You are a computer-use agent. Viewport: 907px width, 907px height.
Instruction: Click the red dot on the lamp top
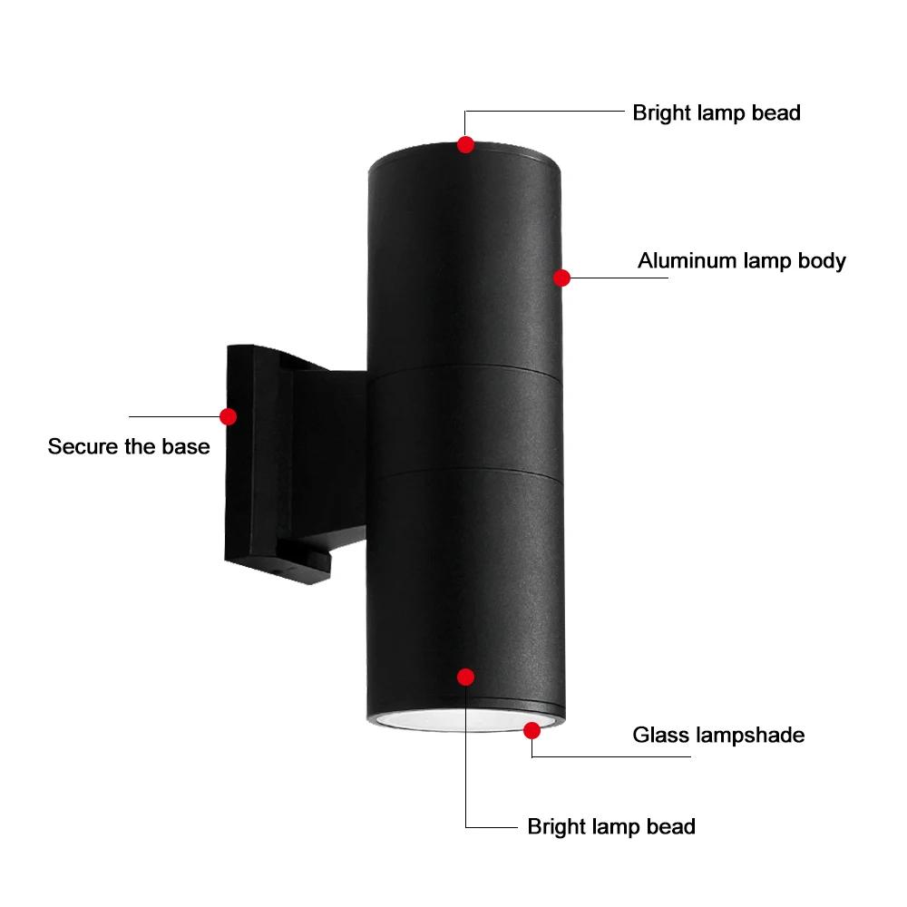pyautogui.click(x=465, y=144)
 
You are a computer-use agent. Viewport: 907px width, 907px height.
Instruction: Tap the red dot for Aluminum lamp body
pyautogui.click(x=561, y=278)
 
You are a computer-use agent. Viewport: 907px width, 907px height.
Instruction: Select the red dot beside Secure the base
pyautogui.click(x=228, y=416)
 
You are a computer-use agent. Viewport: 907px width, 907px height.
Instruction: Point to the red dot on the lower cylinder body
pyautogui.click(x=466, y=677)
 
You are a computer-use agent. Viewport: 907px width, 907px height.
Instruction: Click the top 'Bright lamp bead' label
pyautogui.click(x=717, y=113)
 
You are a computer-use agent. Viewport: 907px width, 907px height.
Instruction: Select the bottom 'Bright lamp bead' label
pyautogui.click(x=611, y=826)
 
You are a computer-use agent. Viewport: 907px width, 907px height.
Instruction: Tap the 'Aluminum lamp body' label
pyautogui.click(x=741, y=261)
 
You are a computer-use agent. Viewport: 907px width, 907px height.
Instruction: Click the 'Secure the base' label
pyautogui.click(x=129, y=446)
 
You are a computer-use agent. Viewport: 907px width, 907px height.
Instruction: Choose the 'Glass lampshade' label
pyautogui.click(x=718, y=734)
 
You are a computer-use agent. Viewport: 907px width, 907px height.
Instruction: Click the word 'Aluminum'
pyautogui.click(x=687, y=261)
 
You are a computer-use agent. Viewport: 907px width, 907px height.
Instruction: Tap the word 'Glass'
pyautogui.click(x=659, y=734)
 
